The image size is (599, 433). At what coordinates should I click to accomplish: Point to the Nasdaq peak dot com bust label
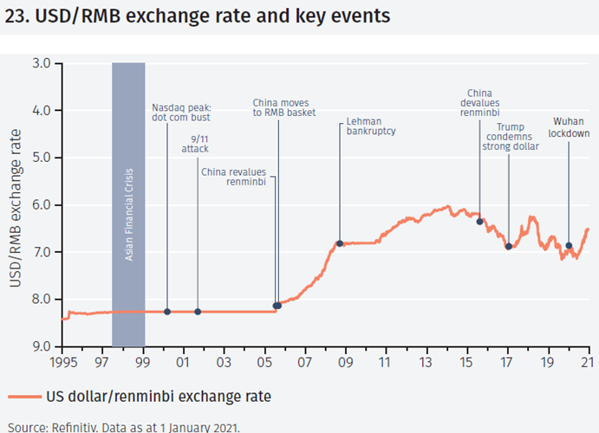[x=181, y=112]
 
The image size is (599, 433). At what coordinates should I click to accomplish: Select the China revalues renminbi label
[x=238, y=177]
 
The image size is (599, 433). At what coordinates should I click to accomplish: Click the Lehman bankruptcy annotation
[x=370, y=127]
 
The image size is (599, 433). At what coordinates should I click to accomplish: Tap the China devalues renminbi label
[x=483, y=102]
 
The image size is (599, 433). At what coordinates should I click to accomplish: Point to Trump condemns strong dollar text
[x=511, y=137]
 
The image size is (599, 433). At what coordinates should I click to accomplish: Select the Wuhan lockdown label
[x=570, y=128]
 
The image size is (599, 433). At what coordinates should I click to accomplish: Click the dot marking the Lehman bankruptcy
[x=340, y=243]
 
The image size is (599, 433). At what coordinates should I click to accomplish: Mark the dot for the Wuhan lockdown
[x=569, y=246]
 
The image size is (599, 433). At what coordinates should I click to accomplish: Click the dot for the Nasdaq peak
[x=167, y=312]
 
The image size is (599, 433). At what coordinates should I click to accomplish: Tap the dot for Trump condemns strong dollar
[x=509, y=247]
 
